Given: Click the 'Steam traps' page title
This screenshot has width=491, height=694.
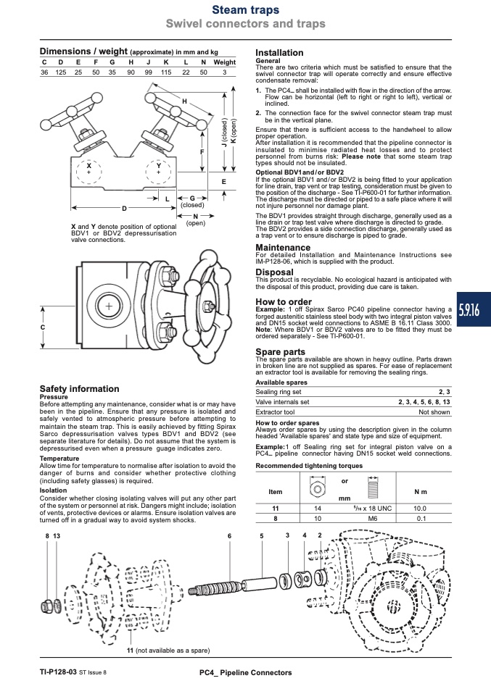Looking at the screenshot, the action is click(245, 9).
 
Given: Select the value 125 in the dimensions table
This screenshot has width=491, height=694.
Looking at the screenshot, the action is click(61, 72).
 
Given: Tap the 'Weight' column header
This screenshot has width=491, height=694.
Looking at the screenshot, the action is click(224, 62).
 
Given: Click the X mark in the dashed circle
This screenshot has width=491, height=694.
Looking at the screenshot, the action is click(89, 166).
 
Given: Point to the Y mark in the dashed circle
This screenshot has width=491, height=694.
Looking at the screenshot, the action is click(159, 166).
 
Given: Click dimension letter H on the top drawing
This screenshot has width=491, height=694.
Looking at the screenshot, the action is click(185, 101).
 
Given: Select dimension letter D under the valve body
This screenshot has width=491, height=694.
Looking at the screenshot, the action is click(124, 209).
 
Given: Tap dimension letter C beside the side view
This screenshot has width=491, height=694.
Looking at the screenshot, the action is click(43, 327).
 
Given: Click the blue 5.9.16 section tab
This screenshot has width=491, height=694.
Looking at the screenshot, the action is click(474, 309).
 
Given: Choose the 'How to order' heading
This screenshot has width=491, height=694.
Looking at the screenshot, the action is click(284, 302).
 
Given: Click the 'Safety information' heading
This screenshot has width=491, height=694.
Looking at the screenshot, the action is click(79, 388).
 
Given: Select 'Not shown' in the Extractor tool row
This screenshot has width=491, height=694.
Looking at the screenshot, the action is click(434, 412).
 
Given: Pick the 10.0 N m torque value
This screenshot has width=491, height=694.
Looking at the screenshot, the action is click(420, 509).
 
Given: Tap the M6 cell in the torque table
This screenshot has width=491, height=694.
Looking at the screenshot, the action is click(373, 518).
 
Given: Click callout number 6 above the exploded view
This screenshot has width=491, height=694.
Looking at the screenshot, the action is click(230, 536).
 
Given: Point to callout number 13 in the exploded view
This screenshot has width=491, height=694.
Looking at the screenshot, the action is click(57, 536).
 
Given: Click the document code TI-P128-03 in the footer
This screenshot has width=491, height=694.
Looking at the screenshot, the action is click(58, 672).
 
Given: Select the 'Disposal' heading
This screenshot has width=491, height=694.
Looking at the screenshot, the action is click(274, 272).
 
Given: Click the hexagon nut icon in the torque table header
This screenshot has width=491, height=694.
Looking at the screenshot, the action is click(317, 488).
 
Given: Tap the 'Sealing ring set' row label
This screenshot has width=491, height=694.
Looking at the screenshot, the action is click(278, 392).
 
